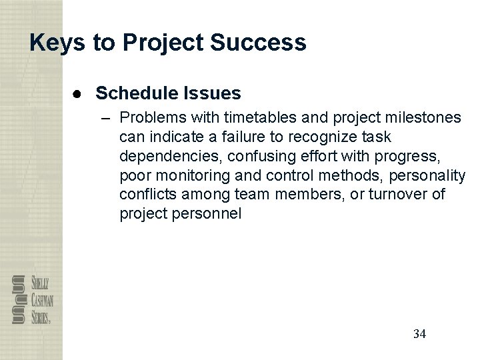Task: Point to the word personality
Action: [x=431, y=175]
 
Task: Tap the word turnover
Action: [x=387, y=195]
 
